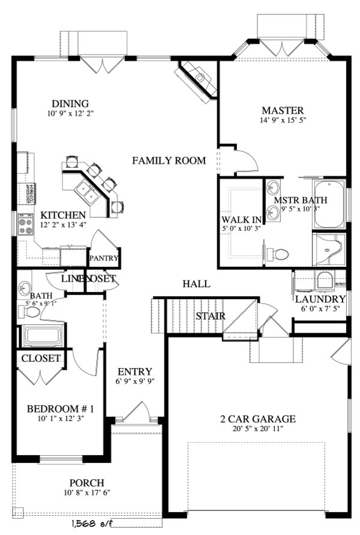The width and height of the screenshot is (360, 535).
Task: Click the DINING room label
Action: tap(70, 103)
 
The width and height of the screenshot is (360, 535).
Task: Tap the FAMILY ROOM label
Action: tap(169, 161)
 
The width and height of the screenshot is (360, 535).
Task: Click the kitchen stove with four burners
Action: tap(26, 226)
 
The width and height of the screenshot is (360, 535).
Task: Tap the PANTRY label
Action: tap(104, 259)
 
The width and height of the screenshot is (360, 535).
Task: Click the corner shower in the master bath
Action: tap(329, 250)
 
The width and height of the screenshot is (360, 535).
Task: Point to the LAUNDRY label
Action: tap(320, 299)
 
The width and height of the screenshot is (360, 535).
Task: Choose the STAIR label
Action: tap(210, 316)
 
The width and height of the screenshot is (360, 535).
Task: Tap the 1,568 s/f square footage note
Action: tap(95, 523)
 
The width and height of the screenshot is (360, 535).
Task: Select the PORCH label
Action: tap(86, 483)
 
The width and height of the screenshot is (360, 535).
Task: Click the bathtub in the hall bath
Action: tap(42, 336)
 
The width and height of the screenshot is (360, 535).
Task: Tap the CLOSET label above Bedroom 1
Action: tap(41, 359)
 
